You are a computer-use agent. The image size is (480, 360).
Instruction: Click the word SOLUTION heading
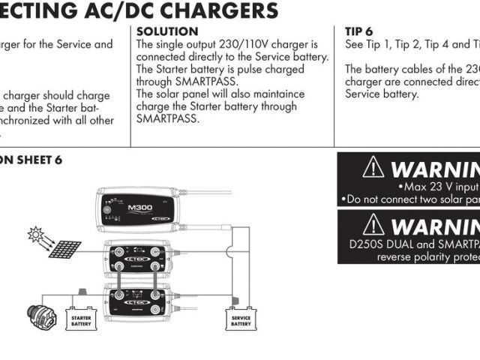pos(167,31)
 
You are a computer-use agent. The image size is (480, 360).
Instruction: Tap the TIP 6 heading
pos(358,31)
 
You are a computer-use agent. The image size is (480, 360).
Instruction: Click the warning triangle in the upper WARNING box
pos(373,167)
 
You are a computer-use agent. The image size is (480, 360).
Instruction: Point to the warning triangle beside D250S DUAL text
pos(373,224)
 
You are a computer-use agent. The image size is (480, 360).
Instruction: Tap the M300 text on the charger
pos(140,208)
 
